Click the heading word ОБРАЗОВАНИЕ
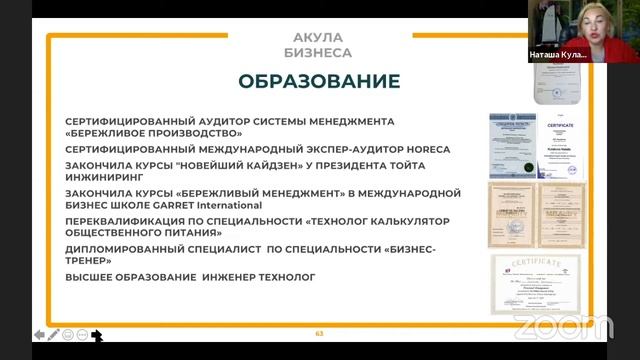[x=319, y=80]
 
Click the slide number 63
[x=320, y=333]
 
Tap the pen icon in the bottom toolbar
[x=53, y=334]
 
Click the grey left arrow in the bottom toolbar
[x=38, y=334]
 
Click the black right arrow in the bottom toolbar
[x=97, y=335]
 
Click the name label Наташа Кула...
[x=556, y=56]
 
